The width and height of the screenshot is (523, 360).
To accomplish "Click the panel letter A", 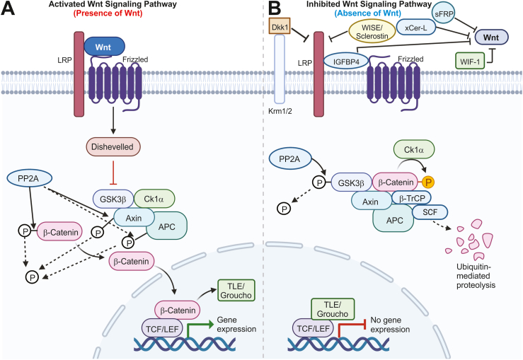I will (11, 11).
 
